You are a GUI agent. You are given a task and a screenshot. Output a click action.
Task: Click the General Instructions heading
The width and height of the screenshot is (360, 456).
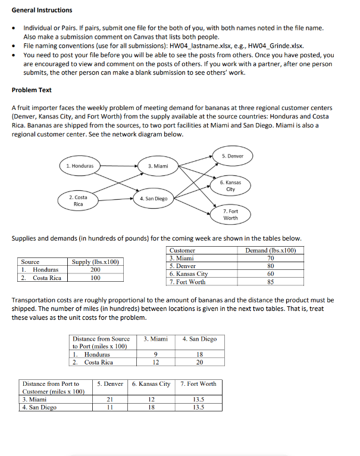(x=42, y=10)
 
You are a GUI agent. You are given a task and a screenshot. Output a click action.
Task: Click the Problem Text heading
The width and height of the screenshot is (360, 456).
(x=32, y=90)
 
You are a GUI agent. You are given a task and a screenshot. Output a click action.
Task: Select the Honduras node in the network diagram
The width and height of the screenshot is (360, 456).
(x=80, y=165)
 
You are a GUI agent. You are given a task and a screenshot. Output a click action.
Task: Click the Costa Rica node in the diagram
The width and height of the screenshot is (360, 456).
(x=78, y=200)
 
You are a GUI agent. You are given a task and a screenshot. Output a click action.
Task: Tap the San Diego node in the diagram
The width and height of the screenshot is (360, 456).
(x=154, y=198)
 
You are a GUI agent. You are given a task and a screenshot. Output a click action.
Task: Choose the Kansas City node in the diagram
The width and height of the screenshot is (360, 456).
(x=230, y=185)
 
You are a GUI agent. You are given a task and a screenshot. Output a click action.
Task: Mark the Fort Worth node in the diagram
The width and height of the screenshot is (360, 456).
(x=230, y=215)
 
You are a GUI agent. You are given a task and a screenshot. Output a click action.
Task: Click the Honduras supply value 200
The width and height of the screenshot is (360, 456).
(x=95, y=270)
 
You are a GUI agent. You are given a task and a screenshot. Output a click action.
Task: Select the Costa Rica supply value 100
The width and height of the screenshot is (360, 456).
(x=95, y=278)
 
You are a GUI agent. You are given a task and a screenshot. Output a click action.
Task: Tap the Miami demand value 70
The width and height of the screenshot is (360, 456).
(x=271, y=259)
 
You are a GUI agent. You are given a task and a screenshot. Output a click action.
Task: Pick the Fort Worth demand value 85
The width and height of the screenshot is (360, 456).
(x=271, y=282)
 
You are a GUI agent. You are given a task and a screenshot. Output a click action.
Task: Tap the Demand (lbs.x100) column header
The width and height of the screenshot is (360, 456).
(x=271, y=250)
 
